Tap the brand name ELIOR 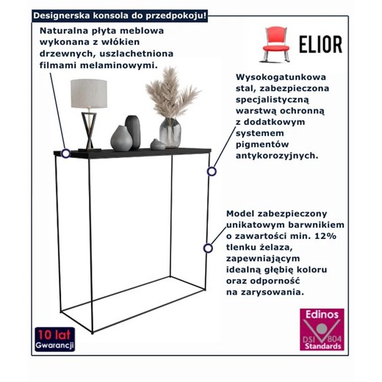319,44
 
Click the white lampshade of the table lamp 89,93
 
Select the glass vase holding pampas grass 170,132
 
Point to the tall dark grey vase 133,131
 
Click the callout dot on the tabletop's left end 66,154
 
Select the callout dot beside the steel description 212,171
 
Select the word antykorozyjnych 277,156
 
